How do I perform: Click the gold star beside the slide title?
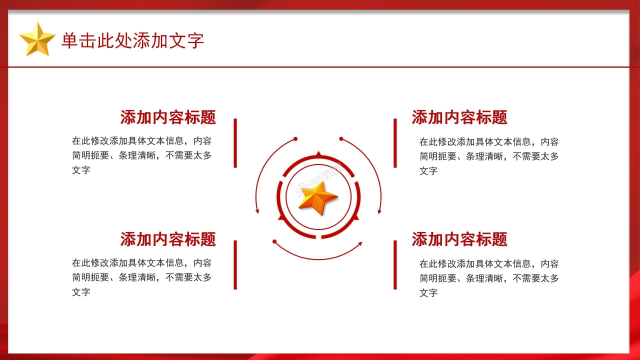tap(37, 39)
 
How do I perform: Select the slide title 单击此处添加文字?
tap(132, 41)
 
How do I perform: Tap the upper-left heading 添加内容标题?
tap(168, 117)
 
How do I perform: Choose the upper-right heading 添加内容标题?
tap(459, 117)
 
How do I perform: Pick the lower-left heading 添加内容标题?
tap(168, 239)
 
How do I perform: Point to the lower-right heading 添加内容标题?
tap(459, 239)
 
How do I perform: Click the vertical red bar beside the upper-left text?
tap(235, 143)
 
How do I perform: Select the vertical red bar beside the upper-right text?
tap(395, 143)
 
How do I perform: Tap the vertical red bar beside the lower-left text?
tap(235, 264)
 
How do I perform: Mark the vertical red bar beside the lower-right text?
tap(395, 264)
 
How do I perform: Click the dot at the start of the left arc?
tap(295, 138)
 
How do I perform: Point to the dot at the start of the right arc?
tap(341, 138)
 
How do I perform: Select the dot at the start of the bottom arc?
tap(274, 242)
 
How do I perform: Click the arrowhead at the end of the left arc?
tap(257, 211)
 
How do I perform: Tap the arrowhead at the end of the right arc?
tap(379, 211)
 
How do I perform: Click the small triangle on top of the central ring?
tap(318, 153)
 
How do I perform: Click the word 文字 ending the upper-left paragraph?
tap(81, 170)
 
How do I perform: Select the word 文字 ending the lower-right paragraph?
tap(428, 293)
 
